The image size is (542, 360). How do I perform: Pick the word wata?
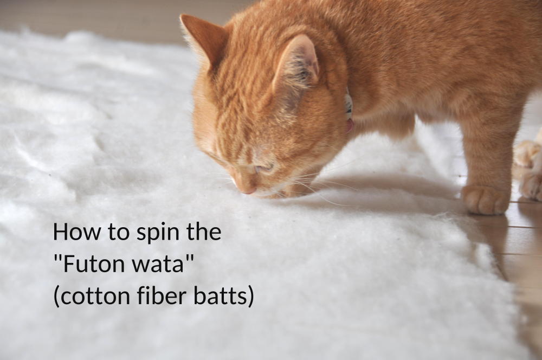tap(158, 265)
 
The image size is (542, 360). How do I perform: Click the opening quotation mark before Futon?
tap(58, 259)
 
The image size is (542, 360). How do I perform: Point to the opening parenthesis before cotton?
tap(56, 298)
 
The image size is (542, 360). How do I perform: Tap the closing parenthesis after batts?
tap(251, 298)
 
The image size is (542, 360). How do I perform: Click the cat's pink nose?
tap(249, 190)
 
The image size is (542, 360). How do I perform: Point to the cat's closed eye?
tap(264, 169)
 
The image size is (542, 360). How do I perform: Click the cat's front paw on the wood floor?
tap(485, 200)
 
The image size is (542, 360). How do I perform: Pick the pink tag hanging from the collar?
tap(350, 125)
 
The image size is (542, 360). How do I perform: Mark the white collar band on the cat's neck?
tap(349, 103)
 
